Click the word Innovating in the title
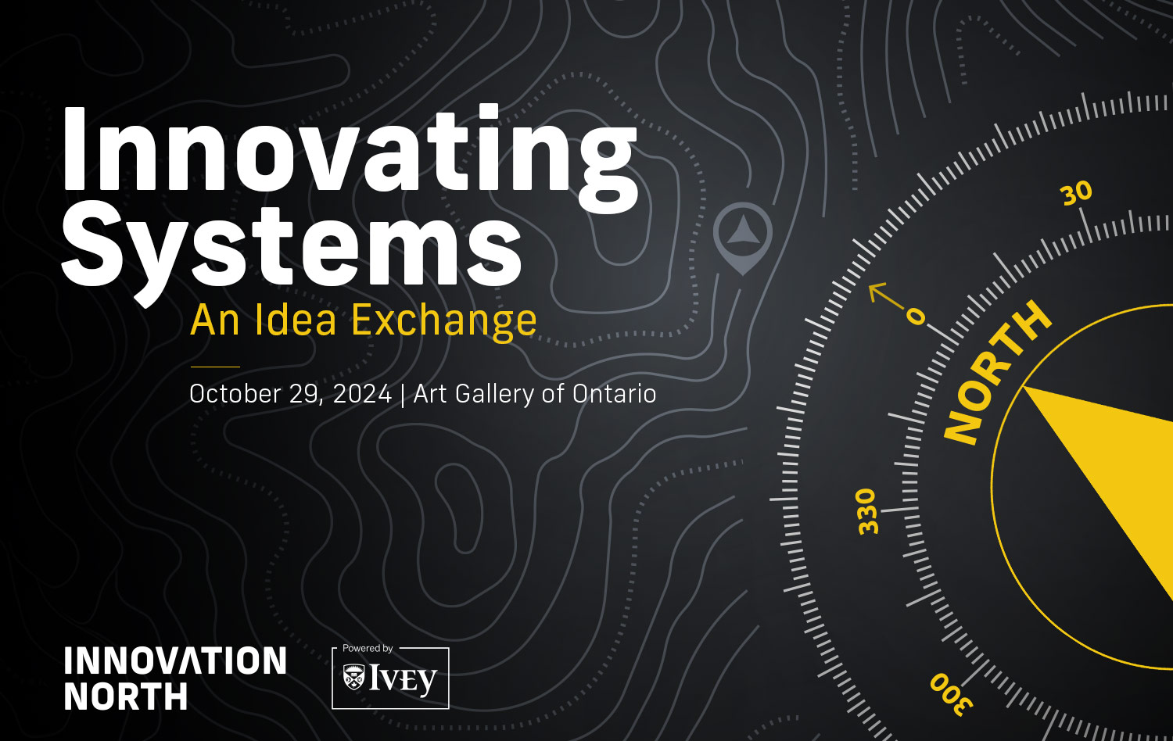348,152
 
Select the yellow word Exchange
443,320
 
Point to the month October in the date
235,393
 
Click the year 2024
362,393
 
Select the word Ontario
614,393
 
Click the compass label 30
1076,193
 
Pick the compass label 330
867,512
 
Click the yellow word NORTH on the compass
997,373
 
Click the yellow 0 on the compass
916,317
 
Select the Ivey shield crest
354,678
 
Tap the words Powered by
368,648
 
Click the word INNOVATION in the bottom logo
175,661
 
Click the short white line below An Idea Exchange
215,367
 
